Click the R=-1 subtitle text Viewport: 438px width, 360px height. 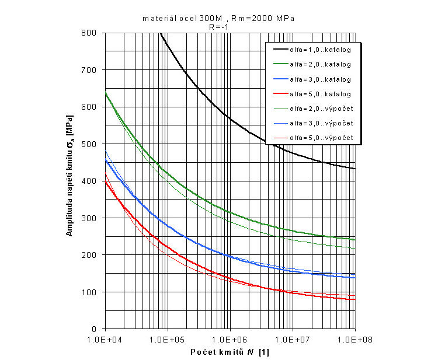[218, 26]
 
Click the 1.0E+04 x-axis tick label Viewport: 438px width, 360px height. [105, 339]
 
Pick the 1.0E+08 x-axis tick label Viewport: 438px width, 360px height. [354, 339]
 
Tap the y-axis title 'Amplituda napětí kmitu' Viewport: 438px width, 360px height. [69, 181]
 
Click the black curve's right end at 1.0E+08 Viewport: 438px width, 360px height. [354, 169]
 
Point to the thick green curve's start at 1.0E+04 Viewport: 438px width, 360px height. [106, 93]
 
